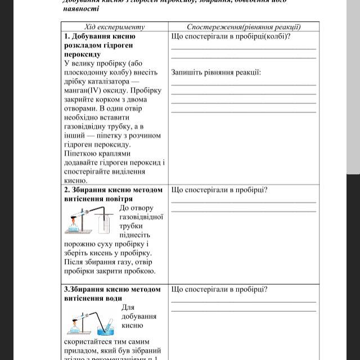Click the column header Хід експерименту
(114, 26)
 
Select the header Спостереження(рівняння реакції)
(244, 26)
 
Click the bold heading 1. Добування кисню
(100, 37)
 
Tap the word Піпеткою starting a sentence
(82, 154)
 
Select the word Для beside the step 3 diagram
(128, 307)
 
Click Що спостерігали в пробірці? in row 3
(219, 289)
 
